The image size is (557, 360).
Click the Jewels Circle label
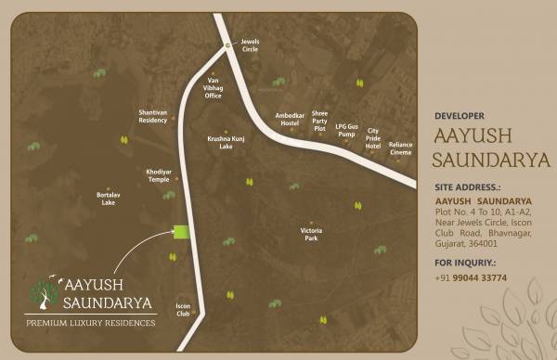pyautogui.click(x=250, y=45)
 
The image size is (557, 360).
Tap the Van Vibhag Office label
pyautogui.click(x=213, y=89)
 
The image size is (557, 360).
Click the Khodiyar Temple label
pyautogui.click(x=159, y=175)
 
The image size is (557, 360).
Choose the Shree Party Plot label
pyautogui.click(x=320, y=120)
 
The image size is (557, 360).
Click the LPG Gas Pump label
pyautogui.click(x=346, y=131)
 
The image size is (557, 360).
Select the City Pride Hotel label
pyautogui.click(x=373, y=139)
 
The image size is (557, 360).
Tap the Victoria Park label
pyautogui.click(x=310, y=235)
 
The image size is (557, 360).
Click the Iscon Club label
pyautogui.click(x=183, y=309)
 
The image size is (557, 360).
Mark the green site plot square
pyautogui.click(x=181, y=232)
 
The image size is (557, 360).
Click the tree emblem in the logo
pyautogui.click(x=42, y=291)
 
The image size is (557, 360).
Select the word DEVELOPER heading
pyautogui.click(x=460, y=116)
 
